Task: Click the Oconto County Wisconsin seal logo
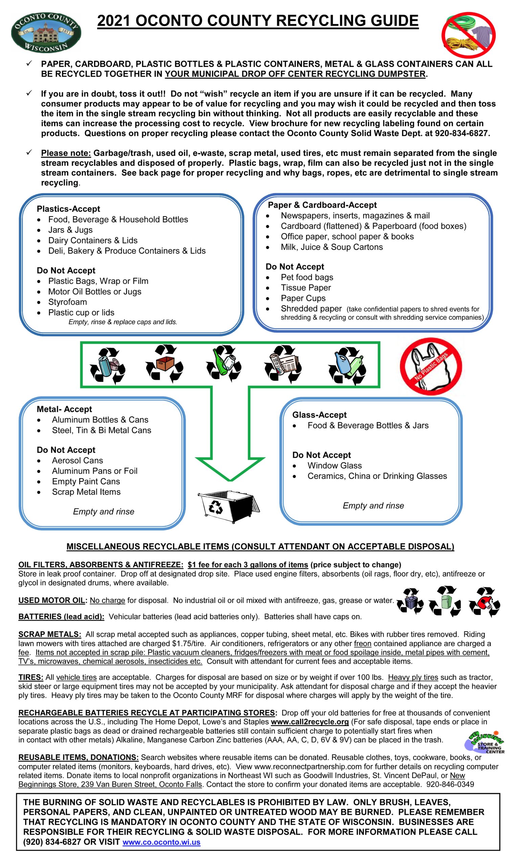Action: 46,33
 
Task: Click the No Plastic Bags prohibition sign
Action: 431,366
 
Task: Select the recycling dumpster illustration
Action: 229,506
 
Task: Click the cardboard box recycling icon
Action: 164,364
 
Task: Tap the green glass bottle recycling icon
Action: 224,364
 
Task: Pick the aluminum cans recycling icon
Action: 108,365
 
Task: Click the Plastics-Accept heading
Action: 68,209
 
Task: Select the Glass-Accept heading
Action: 319,415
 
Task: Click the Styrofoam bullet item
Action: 67,302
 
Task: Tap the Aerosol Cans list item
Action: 77,460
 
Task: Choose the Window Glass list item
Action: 334,465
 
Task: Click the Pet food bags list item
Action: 307,277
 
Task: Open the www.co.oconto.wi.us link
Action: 161,842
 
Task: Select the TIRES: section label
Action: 31,677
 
